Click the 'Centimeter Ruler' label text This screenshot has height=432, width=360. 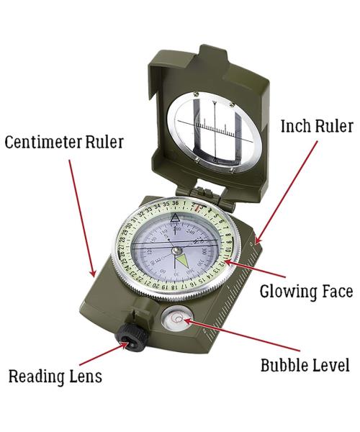coord(64,142)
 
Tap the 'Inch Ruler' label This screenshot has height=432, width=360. coord(317,127)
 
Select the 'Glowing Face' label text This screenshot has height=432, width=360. coord(306,292)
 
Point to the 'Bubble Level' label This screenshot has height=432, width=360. coord(305,365)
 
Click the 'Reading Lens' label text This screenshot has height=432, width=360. coord(55,377)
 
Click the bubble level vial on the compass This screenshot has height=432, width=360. coord(176,318)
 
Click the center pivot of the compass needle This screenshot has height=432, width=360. coord(176,251)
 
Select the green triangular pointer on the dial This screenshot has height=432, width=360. coord(181,261)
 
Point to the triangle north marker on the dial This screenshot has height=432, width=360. coord(175,218)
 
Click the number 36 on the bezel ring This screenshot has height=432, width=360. coord(175,203)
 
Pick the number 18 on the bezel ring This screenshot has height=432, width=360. coord(174,287)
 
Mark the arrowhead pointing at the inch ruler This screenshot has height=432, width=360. coord(257,240)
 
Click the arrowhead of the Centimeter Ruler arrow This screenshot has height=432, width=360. coord(94,274)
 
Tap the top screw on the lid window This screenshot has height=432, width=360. coord(196,94)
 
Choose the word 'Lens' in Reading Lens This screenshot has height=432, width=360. coord(86,377)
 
